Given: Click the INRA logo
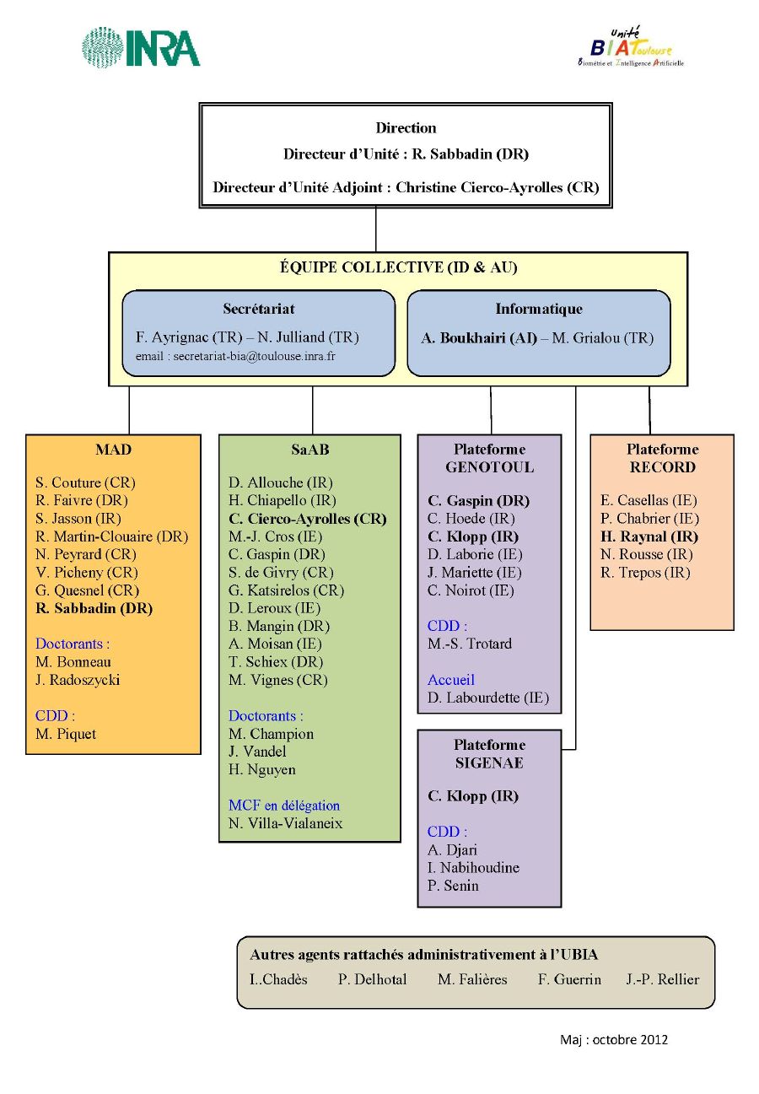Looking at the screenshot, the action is pos(141,47).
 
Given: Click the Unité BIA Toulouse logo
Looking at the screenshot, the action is pos(631,47).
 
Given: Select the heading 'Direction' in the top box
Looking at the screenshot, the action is pos(406,128).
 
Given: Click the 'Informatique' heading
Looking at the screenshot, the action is pos(539,309).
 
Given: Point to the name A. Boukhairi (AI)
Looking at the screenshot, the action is pos(479,338).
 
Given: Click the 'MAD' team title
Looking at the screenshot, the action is pos(113,450).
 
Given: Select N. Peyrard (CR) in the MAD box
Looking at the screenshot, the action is pos(85,554).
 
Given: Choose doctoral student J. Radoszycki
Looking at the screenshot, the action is pos(78,680).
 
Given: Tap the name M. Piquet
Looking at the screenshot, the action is pos(66,734).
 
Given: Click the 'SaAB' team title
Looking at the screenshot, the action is pos(310,450).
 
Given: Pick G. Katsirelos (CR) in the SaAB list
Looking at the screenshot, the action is pos(286,590).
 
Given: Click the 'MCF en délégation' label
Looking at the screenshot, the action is pos(283,806).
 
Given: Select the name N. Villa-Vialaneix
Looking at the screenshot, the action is pos(285,823).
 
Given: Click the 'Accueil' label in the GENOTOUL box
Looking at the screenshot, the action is pos(450,680).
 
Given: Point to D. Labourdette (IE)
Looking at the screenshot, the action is pos(488,698).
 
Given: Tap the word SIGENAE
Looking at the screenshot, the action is pos(489,763).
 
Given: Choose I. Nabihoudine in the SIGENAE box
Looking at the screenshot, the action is pos(473,868).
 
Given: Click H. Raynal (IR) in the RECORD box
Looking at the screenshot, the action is pos(649,536).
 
